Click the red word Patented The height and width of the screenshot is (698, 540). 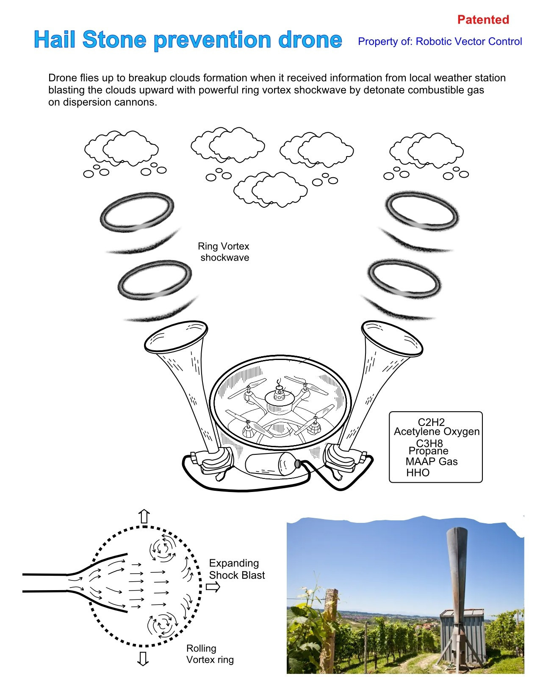click(x=483, y=19)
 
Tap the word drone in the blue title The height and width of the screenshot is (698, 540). click(x=310, y=39)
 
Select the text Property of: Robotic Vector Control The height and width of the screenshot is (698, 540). click(x=440, y=41)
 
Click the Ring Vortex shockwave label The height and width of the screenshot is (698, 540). click(x=224, y=252)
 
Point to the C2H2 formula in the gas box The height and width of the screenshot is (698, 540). click(x=431, y=422)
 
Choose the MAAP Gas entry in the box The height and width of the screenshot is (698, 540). click(x=431, y=461)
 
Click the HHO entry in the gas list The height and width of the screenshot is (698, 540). click(x=418, y=473)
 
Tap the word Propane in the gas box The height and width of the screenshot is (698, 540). click(x=428, y=451)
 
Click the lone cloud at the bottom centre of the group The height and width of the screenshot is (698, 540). click(x=270, y=190)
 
